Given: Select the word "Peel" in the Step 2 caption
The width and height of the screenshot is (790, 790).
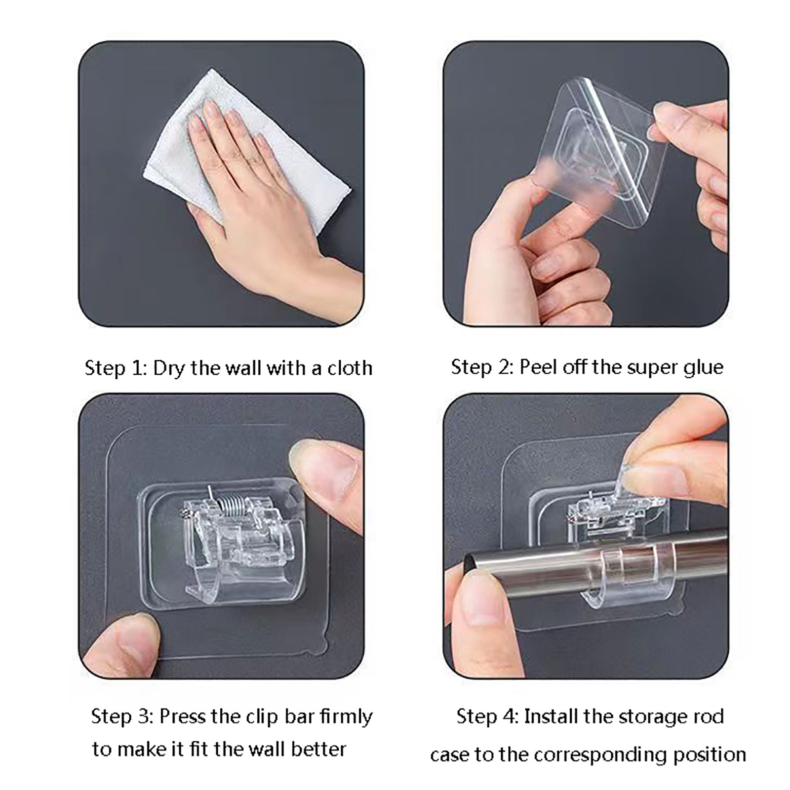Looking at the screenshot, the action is click(x=538, y=367).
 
